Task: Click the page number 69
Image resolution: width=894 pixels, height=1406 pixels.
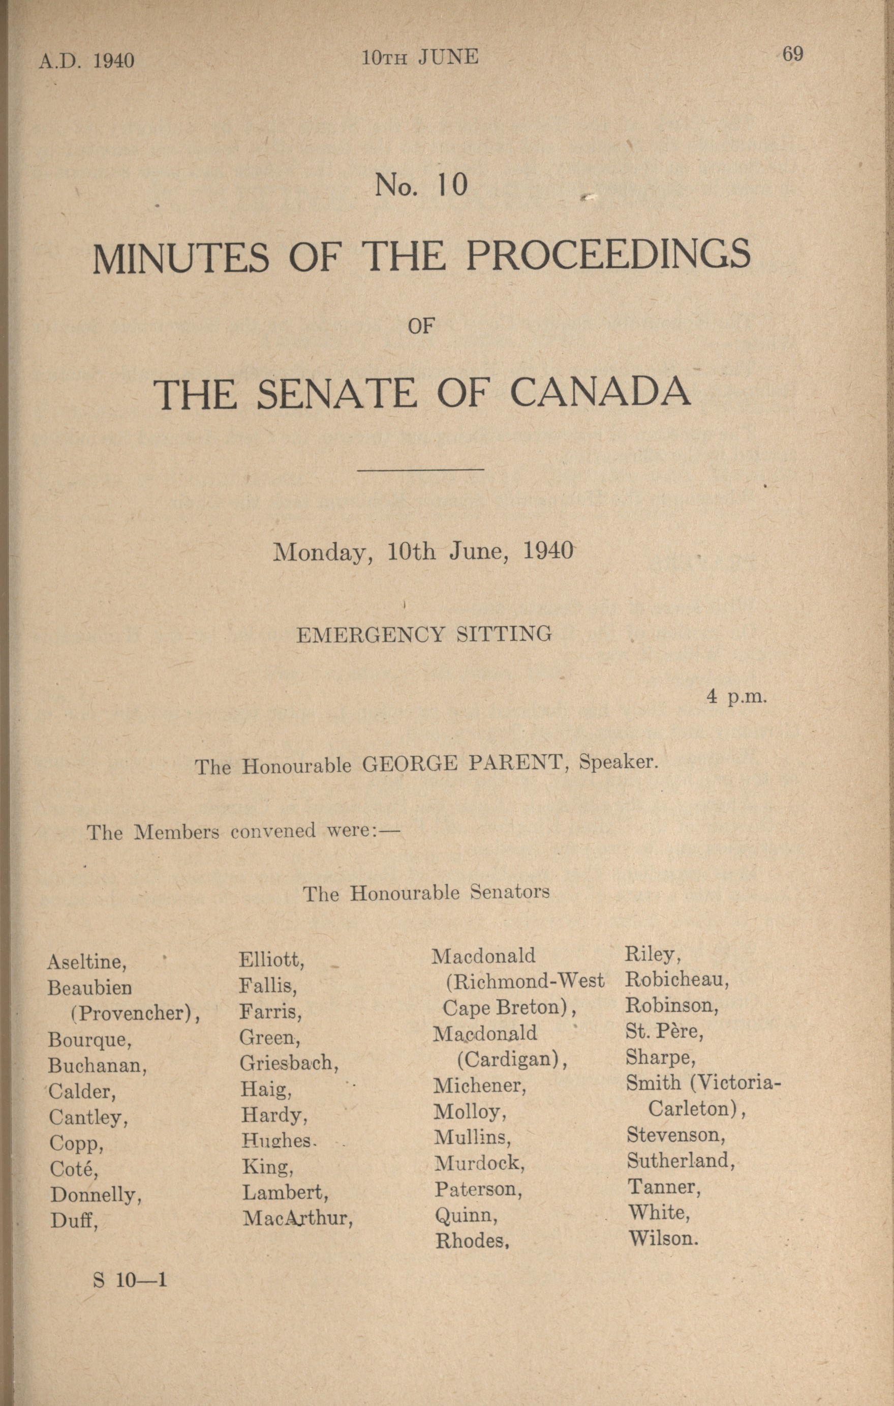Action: (x=792, y=54)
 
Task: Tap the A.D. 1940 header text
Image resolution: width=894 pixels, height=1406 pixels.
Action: (x=87, y=61)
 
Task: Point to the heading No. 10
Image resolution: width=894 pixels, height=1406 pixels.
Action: (x=421, y=185)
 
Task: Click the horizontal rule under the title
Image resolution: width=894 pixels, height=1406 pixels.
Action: (x=421, y=469)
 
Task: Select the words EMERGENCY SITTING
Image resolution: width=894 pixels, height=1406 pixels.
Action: (x=424, y=634)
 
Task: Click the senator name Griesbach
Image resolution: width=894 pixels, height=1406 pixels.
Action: (x=289, y=1063)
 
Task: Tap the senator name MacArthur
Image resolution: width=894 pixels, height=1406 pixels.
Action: (x=298, y=1218)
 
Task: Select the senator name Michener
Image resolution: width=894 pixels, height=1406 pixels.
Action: (x=480, y=1086)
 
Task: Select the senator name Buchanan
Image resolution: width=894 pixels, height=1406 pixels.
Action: (x=98, y=1066)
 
